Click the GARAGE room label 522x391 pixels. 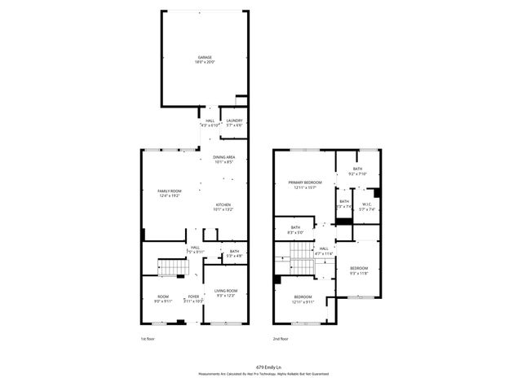(x=204, y=57)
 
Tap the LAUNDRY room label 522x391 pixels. (x=233, y=121)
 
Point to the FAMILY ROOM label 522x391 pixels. (x=169, y=191)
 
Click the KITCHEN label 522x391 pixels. (x=223, y=204)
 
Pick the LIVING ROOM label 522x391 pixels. (x=225, y=291)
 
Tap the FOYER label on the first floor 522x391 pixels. (x=193, y=297)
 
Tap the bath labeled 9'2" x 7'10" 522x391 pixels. (x=357, y=169)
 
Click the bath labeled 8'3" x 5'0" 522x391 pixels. (x=295, y=227)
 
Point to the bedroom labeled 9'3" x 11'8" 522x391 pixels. (x=359, y=268)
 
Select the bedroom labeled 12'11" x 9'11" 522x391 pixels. (x=303, y=297)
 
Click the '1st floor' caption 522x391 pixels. (x=147, y=338)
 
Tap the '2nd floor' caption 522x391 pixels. (x=281, y=338)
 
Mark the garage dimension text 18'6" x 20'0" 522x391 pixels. (x=204, y=62)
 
